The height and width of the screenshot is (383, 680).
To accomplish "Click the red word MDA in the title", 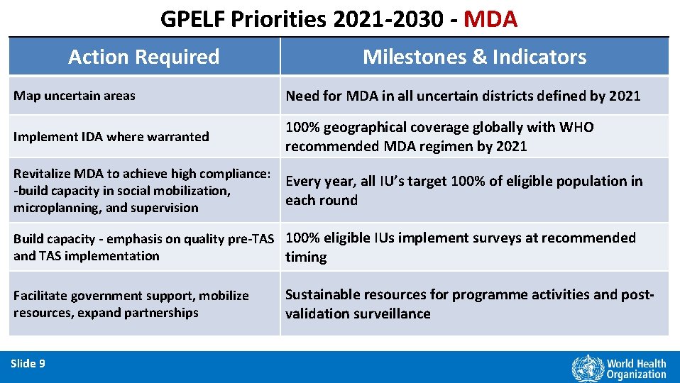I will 490,18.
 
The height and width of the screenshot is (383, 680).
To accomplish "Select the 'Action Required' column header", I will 144,57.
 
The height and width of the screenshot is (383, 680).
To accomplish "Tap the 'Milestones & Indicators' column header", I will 474,57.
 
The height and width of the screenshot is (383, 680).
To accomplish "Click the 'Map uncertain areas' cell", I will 75,96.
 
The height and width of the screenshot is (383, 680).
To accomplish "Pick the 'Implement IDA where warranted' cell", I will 111,136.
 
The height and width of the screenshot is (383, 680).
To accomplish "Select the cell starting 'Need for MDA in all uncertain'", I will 463,96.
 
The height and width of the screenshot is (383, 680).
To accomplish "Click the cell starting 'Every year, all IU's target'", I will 464,190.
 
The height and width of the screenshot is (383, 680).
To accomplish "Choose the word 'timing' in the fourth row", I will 306,257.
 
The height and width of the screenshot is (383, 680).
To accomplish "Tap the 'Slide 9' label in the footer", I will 28,364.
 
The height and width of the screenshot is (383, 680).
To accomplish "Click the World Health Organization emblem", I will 586,368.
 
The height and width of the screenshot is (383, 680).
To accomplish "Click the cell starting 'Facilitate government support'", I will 131,304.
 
